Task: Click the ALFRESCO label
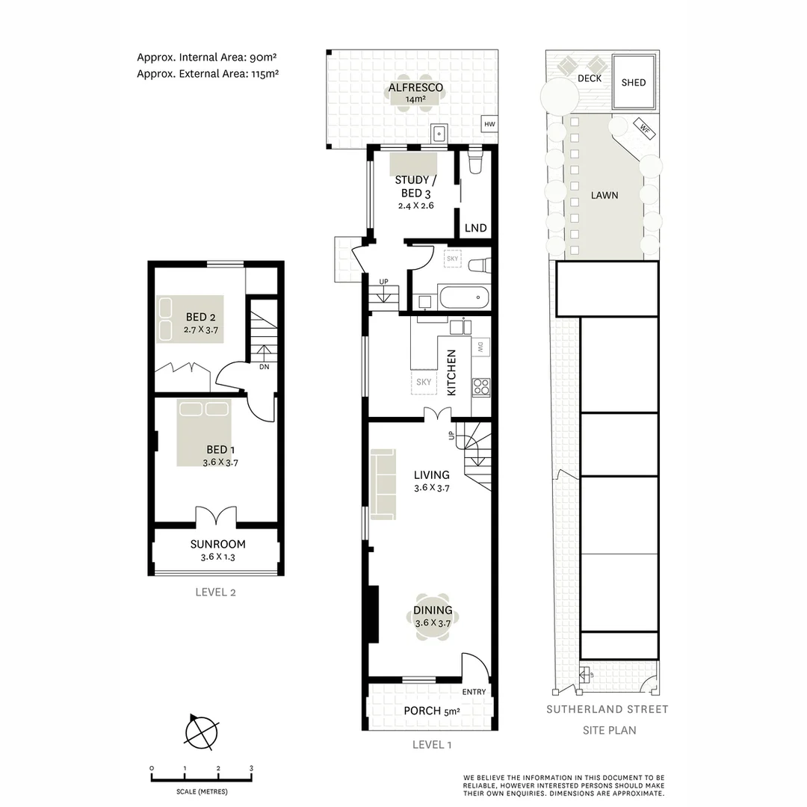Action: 415,87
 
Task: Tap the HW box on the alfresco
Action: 489,124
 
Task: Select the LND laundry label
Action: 475,228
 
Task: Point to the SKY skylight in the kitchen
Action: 424,382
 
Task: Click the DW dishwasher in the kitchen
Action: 480,347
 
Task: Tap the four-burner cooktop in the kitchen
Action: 480,386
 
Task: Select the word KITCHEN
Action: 451,373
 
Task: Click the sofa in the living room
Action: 383,483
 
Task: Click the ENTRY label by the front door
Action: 474,692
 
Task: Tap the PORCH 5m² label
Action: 432,711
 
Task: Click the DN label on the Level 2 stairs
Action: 264,367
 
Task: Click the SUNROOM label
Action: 217,544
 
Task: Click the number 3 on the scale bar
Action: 252,768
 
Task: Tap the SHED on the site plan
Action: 634,82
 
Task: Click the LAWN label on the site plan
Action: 605,195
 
